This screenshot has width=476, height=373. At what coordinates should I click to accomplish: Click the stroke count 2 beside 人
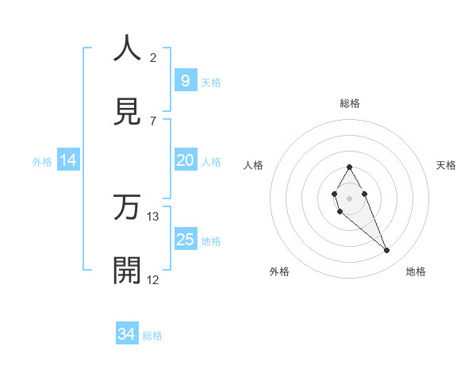pos(153,58)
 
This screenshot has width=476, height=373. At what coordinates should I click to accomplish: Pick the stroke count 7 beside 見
pos(153,121)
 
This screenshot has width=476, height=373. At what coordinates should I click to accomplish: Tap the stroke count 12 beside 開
pos(153,279)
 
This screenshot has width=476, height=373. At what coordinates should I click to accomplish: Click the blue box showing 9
pos(185,81)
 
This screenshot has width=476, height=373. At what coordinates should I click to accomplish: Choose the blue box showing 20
pos(185,160)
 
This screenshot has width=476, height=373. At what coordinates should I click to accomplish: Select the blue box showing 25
pos(185,240)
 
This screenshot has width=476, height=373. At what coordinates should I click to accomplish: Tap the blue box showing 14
pos(68,160)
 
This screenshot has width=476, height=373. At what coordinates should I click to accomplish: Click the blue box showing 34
pos(126,335)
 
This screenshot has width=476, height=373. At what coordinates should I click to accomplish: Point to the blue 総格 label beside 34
pos(152,336)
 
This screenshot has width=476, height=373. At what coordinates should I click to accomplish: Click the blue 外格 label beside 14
pos(42,161)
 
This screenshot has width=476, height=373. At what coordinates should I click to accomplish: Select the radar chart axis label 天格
pos(447,165)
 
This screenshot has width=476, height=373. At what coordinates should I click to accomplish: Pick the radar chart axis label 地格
pos(416,271)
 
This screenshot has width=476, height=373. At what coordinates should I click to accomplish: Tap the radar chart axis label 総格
pos(350,103)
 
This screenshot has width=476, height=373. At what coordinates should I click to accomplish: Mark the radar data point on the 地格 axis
pos(387,250)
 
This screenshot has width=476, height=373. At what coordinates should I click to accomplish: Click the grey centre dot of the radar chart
pos(349,198)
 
